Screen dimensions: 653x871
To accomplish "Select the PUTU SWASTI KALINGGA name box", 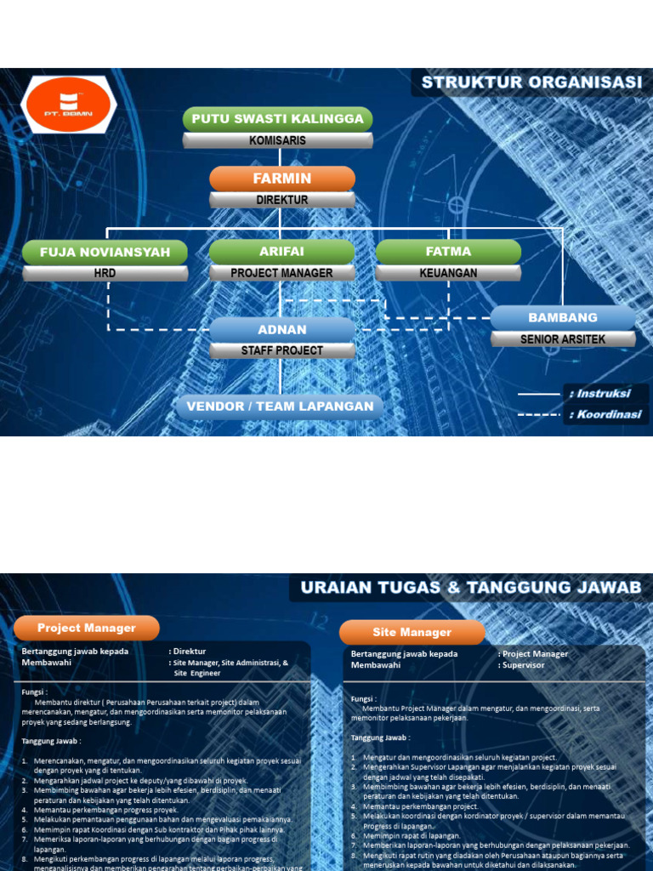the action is click(278, 119).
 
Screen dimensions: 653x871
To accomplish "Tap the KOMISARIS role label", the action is click(278, 140).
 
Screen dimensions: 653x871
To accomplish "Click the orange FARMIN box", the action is click(282, 179).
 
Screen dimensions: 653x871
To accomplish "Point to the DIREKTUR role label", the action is click(282, 200).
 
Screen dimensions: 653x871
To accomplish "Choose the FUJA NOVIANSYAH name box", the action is click(105, 252).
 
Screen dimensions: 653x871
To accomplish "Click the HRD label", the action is click(105, 273).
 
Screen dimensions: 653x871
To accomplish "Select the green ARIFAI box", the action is click(281, 252).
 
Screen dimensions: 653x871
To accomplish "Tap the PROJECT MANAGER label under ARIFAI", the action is click(281, 273).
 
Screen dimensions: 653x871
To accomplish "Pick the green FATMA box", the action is click(448, 252).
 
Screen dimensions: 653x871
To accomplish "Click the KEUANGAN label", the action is click(448, 273).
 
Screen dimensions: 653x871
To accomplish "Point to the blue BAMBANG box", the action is click(563, 317).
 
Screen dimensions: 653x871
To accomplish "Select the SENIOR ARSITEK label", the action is click(563, 339).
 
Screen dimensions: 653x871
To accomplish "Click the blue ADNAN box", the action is click(282, 329).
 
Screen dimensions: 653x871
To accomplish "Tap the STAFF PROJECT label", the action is click(282, 350).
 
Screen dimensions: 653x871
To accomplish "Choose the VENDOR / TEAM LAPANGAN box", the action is click(281, 407).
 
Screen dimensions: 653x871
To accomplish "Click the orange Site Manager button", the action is click(412, 632).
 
